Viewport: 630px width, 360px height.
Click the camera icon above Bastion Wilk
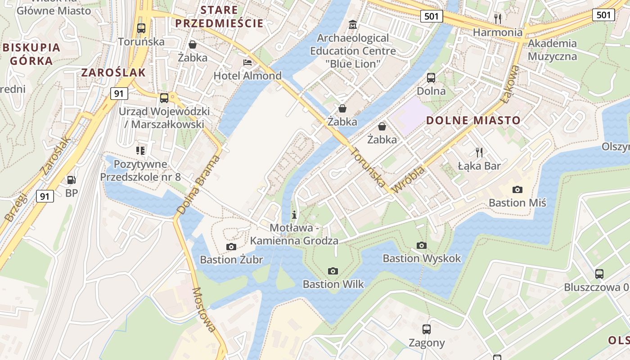point(333,271)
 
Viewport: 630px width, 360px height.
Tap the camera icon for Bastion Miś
point(517,189)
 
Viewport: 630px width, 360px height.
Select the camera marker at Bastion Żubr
point(231,247)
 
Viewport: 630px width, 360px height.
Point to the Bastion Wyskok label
point(422,258)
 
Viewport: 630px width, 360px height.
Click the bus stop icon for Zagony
point(427,329)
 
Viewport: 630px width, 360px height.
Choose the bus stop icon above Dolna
point(431,78)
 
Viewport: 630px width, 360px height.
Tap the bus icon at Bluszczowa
point(599,274)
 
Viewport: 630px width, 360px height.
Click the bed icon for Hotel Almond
point(247,63)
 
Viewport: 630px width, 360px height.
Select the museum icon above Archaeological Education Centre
point(353,24)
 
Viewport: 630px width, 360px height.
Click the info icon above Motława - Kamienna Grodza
point(294,214)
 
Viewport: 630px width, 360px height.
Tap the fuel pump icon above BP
point(71,180)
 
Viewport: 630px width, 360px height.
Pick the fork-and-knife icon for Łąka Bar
point(479,152)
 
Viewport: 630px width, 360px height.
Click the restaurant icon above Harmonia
point(497,18)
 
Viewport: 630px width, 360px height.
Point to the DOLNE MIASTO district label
point(473,121)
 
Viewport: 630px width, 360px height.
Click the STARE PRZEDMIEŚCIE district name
point(219,17)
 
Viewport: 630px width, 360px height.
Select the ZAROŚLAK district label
point(113,72)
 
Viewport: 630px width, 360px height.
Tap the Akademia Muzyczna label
point(552,50)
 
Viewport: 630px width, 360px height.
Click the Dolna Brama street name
point(198,184)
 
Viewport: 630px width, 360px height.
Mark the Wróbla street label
point(409,180)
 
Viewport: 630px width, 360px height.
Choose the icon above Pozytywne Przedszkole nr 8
point(140,150)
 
